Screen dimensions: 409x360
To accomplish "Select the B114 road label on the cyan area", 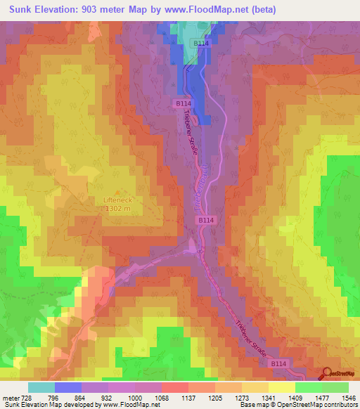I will (x=202, y=44).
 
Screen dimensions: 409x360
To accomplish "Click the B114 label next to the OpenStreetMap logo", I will (x=280, y=363).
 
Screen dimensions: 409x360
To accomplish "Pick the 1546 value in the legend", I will (x=348, y=398).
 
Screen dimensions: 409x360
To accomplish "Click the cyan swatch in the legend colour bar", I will (x=41, y=387).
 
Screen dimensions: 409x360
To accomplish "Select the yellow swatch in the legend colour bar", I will (x=281, y=387).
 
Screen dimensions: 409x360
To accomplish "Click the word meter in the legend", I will (x=9, y=398).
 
